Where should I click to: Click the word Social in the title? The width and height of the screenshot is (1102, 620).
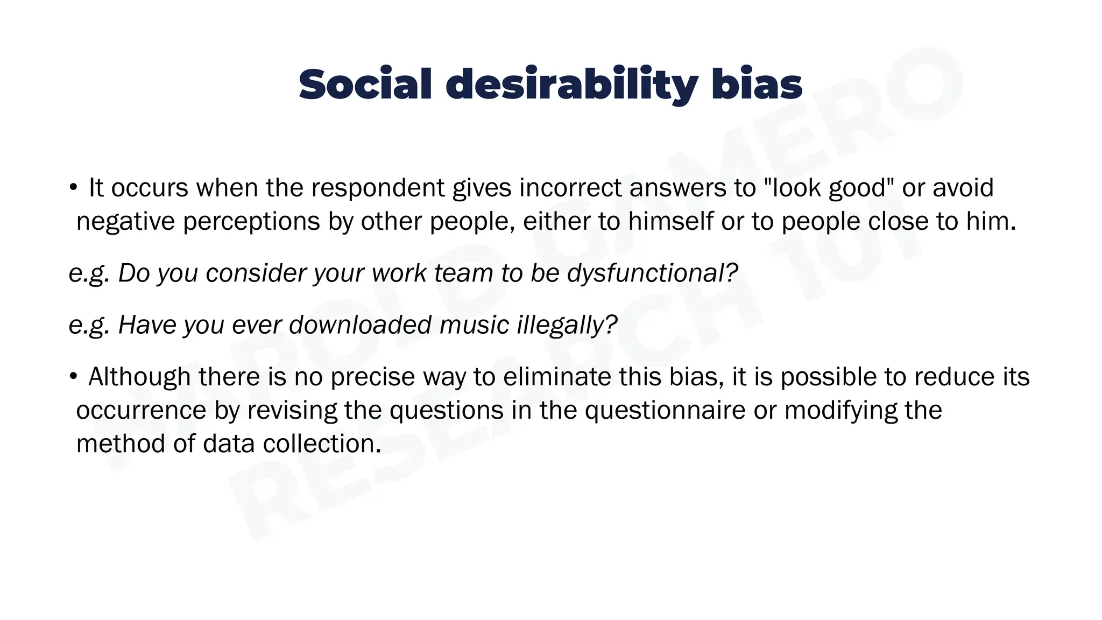coord(365,85)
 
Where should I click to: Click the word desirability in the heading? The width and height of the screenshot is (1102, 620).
coord(571,85)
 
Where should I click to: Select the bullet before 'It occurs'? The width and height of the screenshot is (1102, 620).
coord(73,188)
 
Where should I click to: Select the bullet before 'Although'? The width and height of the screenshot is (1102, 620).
coord(73,377)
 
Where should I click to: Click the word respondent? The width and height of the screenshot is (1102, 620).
coord(377,188)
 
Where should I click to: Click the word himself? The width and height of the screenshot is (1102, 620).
coord(670,221)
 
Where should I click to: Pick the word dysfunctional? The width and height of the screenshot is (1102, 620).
coord(652,273)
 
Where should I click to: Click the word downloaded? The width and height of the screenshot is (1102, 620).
coord(360,325)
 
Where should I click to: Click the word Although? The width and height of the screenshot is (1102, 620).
coord(139,377)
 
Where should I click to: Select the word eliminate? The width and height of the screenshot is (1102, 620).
coord(557,377)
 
